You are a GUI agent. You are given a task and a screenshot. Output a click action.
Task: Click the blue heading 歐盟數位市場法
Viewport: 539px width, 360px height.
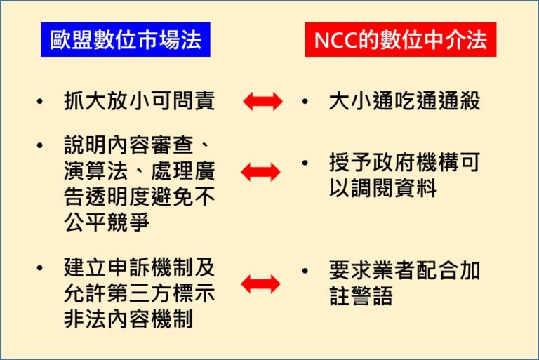(x=126, y=39)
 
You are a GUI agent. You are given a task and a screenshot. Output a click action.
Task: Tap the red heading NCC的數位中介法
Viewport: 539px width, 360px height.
(x=401, y=39)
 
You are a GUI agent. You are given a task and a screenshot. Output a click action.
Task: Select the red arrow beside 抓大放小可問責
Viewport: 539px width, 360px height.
(x=262, y=102)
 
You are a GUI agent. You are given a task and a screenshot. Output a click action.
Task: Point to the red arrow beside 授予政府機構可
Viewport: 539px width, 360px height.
(x=260, y=172)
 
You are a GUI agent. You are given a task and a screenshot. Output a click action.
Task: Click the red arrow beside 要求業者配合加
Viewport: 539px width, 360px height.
(x=260, y=284)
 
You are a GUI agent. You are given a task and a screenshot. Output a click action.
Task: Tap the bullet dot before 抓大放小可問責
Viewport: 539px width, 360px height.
(x=40, y=102)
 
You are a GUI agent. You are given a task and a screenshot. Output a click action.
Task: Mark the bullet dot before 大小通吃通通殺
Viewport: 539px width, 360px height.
(x=305, y=102)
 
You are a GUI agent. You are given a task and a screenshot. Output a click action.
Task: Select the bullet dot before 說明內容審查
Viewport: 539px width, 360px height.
(x=40, y=145)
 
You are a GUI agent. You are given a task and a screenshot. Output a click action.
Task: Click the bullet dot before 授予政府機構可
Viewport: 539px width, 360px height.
(x=305, y=163)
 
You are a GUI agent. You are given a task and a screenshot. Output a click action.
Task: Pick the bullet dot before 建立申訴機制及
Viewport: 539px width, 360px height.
(x=40, y=268)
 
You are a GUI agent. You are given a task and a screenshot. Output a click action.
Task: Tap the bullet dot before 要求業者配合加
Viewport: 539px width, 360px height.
(x=305, y=271)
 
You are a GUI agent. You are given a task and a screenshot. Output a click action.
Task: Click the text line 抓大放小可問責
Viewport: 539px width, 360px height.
(x=140, y=101)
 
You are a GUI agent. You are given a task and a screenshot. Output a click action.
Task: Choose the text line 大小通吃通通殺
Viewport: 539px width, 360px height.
(x=404, y=101)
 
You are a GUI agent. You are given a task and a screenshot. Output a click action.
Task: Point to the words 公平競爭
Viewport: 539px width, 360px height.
(x=107, y=222)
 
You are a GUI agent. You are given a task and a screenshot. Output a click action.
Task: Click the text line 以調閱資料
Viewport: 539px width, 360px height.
(x=382, y=188)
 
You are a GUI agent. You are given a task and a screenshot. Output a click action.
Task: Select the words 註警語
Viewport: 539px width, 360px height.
(x=361, y=296)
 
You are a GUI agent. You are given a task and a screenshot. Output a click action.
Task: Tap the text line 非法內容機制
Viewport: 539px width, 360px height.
(x=128, y=319)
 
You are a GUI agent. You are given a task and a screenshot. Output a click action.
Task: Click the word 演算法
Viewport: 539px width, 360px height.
(x=96, y=171)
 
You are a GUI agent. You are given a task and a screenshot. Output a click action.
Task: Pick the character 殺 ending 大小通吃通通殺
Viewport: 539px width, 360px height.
(x=470, y=101)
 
